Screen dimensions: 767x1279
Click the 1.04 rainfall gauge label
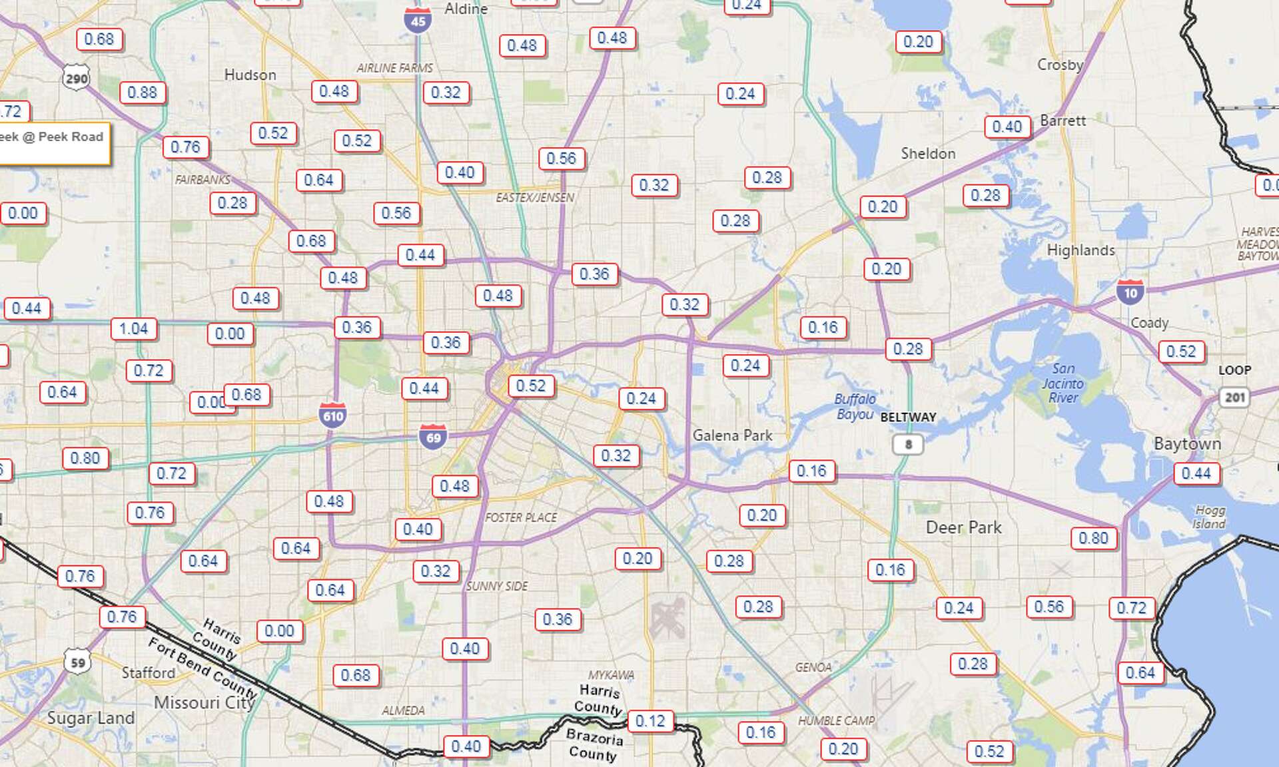(133, 329)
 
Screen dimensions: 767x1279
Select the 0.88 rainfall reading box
(142, 93)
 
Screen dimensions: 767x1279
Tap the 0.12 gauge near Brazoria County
(650, 721)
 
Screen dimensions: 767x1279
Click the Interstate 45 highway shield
(418, 21)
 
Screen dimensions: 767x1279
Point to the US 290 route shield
(76, 79)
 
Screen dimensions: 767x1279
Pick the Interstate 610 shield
(332, 416)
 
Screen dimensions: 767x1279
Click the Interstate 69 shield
(433, 437)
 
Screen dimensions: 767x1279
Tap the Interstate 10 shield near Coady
(1130, 292)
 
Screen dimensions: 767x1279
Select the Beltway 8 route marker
(907, 444)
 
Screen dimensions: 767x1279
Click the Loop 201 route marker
(1234, 397)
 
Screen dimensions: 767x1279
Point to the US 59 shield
(78, 662)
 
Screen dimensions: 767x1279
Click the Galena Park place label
(732, 435)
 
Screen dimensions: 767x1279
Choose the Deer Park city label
(963, 527)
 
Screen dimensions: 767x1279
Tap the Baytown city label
(1187, 444)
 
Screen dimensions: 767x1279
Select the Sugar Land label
(91, 718)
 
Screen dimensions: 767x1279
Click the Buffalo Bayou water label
(855, 406)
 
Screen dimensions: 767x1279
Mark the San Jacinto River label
(1063, 383)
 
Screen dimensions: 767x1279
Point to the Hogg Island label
(1209, 517)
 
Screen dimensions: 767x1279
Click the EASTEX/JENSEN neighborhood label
(534, 198)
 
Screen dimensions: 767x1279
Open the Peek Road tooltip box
(53, 142)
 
